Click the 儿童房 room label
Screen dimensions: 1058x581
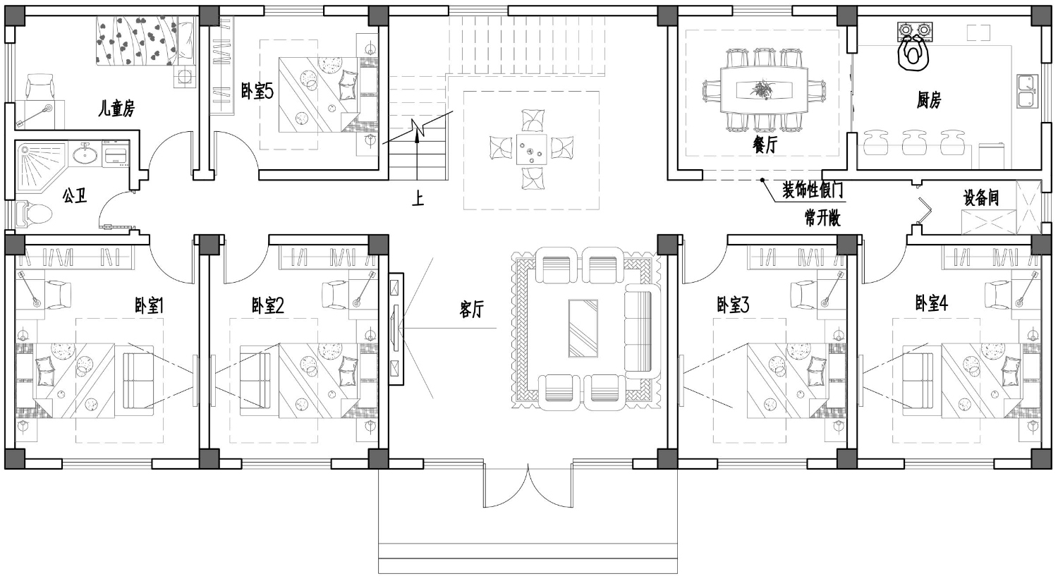tap(116, 109)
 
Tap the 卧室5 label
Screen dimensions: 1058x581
tap(257, 91)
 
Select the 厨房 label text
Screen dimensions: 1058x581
tap(929, 101)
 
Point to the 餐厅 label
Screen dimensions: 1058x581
tap(765, 145)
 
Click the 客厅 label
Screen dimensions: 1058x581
tap(472, 309)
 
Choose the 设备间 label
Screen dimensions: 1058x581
tap(981, 197)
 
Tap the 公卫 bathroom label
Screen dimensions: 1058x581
tap(75, 196)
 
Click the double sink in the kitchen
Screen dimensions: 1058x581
tap(1027, 91)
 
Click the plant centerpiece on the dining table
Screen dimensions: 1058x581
tap(762, 90)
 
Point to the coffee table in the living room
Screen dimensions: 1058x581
tap(583, 328)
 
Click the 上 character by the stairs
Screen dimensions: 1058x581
tap(418, 199)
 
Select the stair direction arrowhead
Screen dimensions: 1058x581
tap(417, 136)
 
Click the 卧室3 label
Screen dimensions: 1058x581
tap(733, 305)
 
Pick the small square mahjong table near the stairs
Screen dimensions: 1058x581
tap(531, 149)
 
